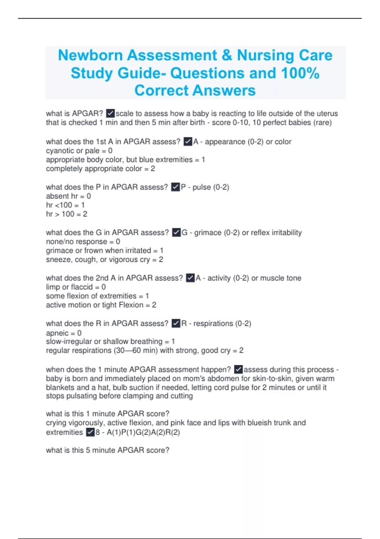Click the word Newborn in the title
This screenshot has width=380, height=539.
[x=90, y=55]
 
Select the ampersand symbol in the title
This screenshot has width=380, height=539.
[x=227, y=55]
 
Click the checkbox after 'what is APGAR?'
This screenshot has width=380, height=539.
[x=110, y=113]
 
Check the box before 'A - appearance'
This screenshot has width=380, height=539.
[x=188, y=141]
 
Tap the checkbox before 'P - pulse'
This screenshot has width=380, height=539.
[x=175, y=187]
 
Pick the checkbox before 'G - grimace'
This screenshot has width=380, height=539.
[x=176, y=232]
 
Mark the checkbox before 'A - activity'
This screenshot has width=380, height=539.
[x=190, y=278]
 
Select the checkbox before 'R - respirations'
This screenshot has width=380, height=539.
[x=176, y=323]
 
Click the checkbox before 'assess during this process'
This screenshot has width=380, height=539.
[x=238, y=369]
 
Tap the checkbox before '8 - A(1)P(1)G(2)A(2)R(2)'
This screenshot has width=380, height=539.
[x=90, y=432]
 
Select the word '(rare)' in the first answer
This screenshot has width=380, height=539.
[x=322, y=122]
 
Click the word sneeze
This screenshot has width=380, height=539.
[x=58, y=260]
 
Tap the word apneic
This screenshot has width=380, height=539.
[x=57, y=333]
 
